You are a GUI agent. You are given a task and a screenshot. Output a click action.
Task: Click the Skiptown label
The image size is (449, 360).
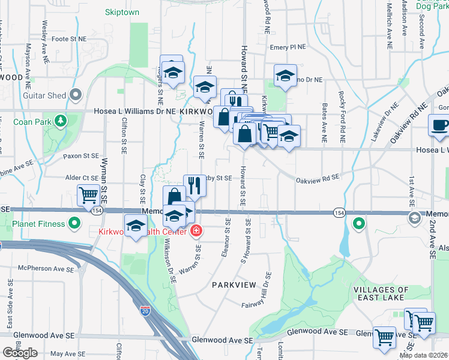click(122, 12)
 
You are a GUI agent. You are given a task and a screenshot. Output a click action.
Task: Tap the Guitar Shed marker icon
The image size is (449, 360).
click(75, 95)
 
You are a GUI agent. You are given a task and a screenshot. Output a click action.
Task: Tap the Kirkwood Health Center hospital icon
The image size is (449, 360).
click(196, 231)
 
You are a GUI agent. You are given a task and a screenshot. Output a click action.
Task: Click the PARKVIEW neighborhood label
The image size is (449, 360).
click(234, 284)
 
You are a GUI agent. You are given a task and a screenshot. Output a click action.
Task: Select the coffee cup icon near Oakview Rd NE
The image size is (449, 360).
click(438, 125)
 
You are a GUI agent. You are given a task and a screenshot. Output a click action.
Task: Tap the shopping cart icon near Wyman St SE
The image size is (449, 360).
click(88, 194)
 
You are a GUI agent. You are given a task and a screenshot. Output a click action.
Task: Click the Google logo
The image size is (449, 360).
click(20, 353)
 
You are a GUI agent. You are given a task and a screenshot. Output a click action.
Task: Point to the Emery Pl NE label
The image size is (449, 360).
click(288, 46)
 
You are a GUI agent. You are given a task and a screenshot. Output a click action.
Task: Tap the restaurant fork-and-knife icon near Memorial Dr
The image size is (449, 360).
click(194, 186)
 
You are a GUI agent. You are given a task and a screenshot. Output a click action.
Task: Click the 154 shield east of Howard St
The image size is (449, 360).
click(339, 213)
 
